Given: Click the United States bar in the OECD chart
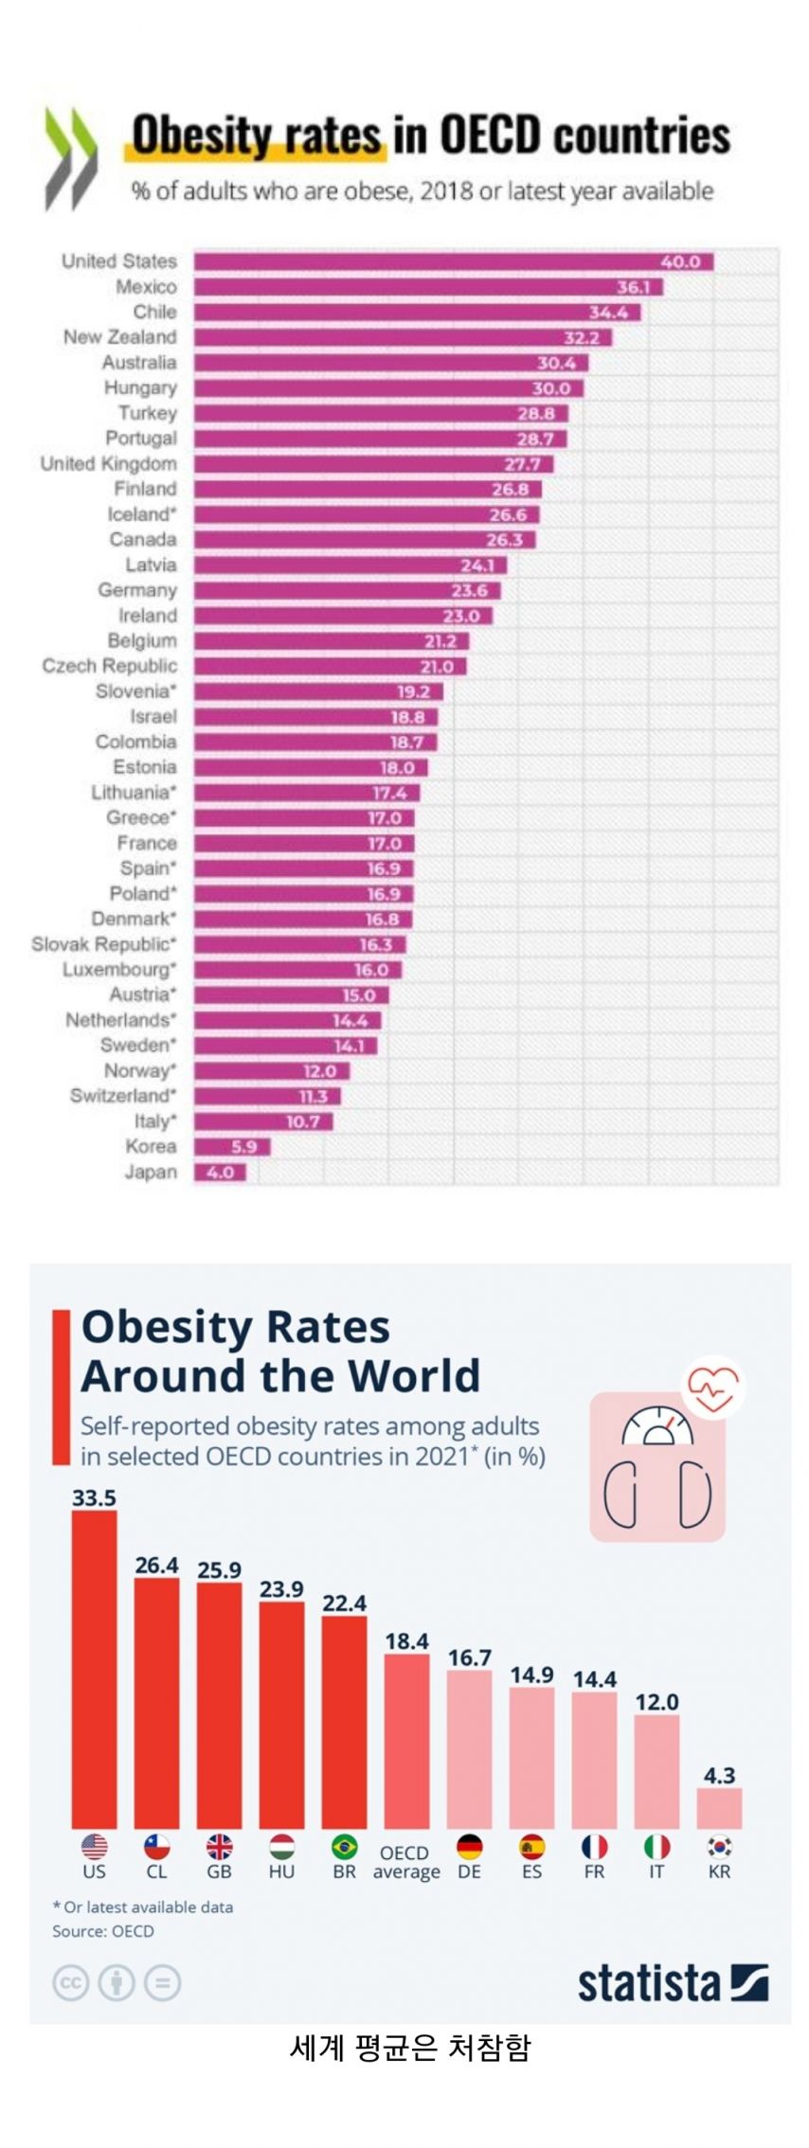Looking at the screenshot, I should click(453, 261).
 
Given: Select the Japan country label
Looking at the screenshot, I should click(151, 1172).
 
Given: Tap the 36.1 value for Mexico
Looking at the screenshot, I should click(633, 287).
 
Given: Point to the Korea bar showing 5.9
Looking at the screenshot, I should click(232, 1147).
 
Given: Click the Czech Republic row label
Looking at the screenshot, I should click(109, 666).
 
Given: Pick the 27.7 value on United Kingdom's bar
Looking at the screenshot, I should click(522, 464).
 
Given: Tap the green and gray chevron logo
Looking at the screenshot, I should click(70, 158).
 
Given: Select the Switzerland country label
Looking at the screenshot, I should click(123, 1096).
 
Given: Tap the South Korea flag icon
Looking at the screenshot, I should click(719, 1846).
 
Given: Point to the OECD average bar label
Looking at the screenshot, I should click(405, 1862).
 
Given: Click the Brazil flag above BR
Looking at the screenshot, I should click(344, 1846).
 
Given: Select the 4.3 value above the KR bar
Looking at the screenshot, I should click(719, 1775).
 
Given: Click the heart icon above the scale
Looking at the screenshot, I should click(713, 1388).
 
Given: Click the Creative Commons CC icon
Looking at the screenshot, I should click(70, 1982).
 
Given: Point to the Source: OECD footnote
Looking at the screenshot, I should click(102, 1931).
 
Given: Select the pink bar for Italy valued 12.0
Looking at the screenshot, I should click(656, 1771).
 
